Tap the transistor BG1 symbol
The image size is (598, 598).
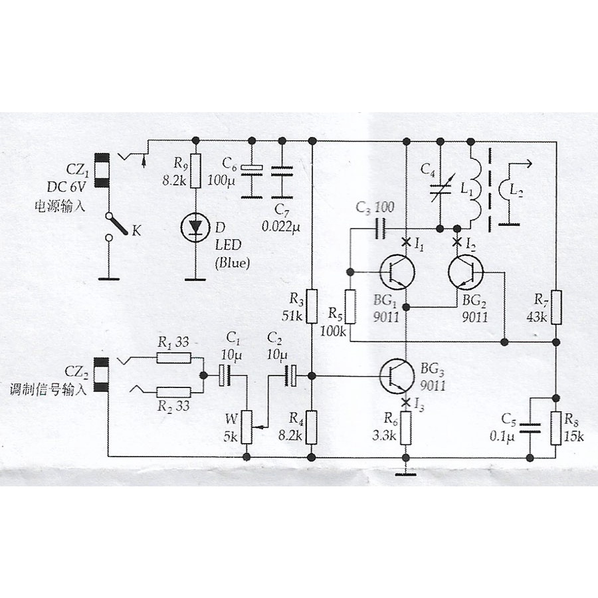[398, 271]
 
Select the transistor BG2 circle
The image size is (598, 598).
[465, 271]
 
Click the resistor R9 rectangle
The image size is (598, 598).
[195, 172]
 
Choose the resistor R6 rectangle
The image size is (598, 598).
[407, 429]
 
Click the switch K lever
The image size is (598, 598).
[119, 224]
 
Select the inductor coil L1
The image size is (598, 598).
[473, 193]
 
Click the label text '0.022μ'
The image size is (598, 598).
[281, 227]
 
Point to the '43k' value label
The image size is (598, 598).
[536, 317]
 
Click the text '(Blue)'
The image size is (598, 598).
[232, 263]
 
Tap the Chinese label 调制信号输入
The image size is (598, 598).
[47, 389]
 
